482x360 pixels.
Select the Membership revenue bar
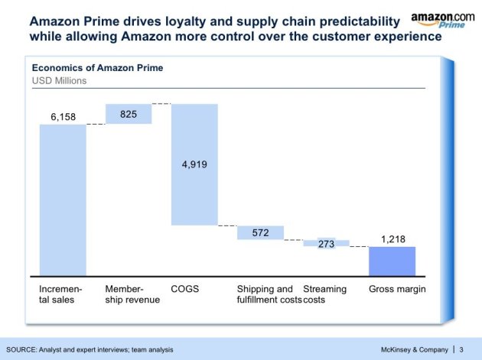tap(129, 113)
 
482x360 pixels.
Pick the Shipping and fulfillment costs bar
tap(260, 232)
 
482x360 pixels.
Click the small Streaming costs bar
tap(326, 243)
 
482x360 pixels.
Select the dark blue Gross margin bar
tap(392, 261)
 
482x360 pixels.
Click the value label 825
tap(129, 113)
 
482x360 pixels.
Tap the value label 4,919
tap(194, 164)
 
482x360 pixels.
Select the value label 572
tap(260, 232)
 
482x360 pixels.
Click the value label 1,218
tap(392, 239)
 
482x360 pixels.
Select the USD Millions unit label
tap(58, 79)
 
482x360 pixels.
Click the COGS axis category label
tap(185, 289)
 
